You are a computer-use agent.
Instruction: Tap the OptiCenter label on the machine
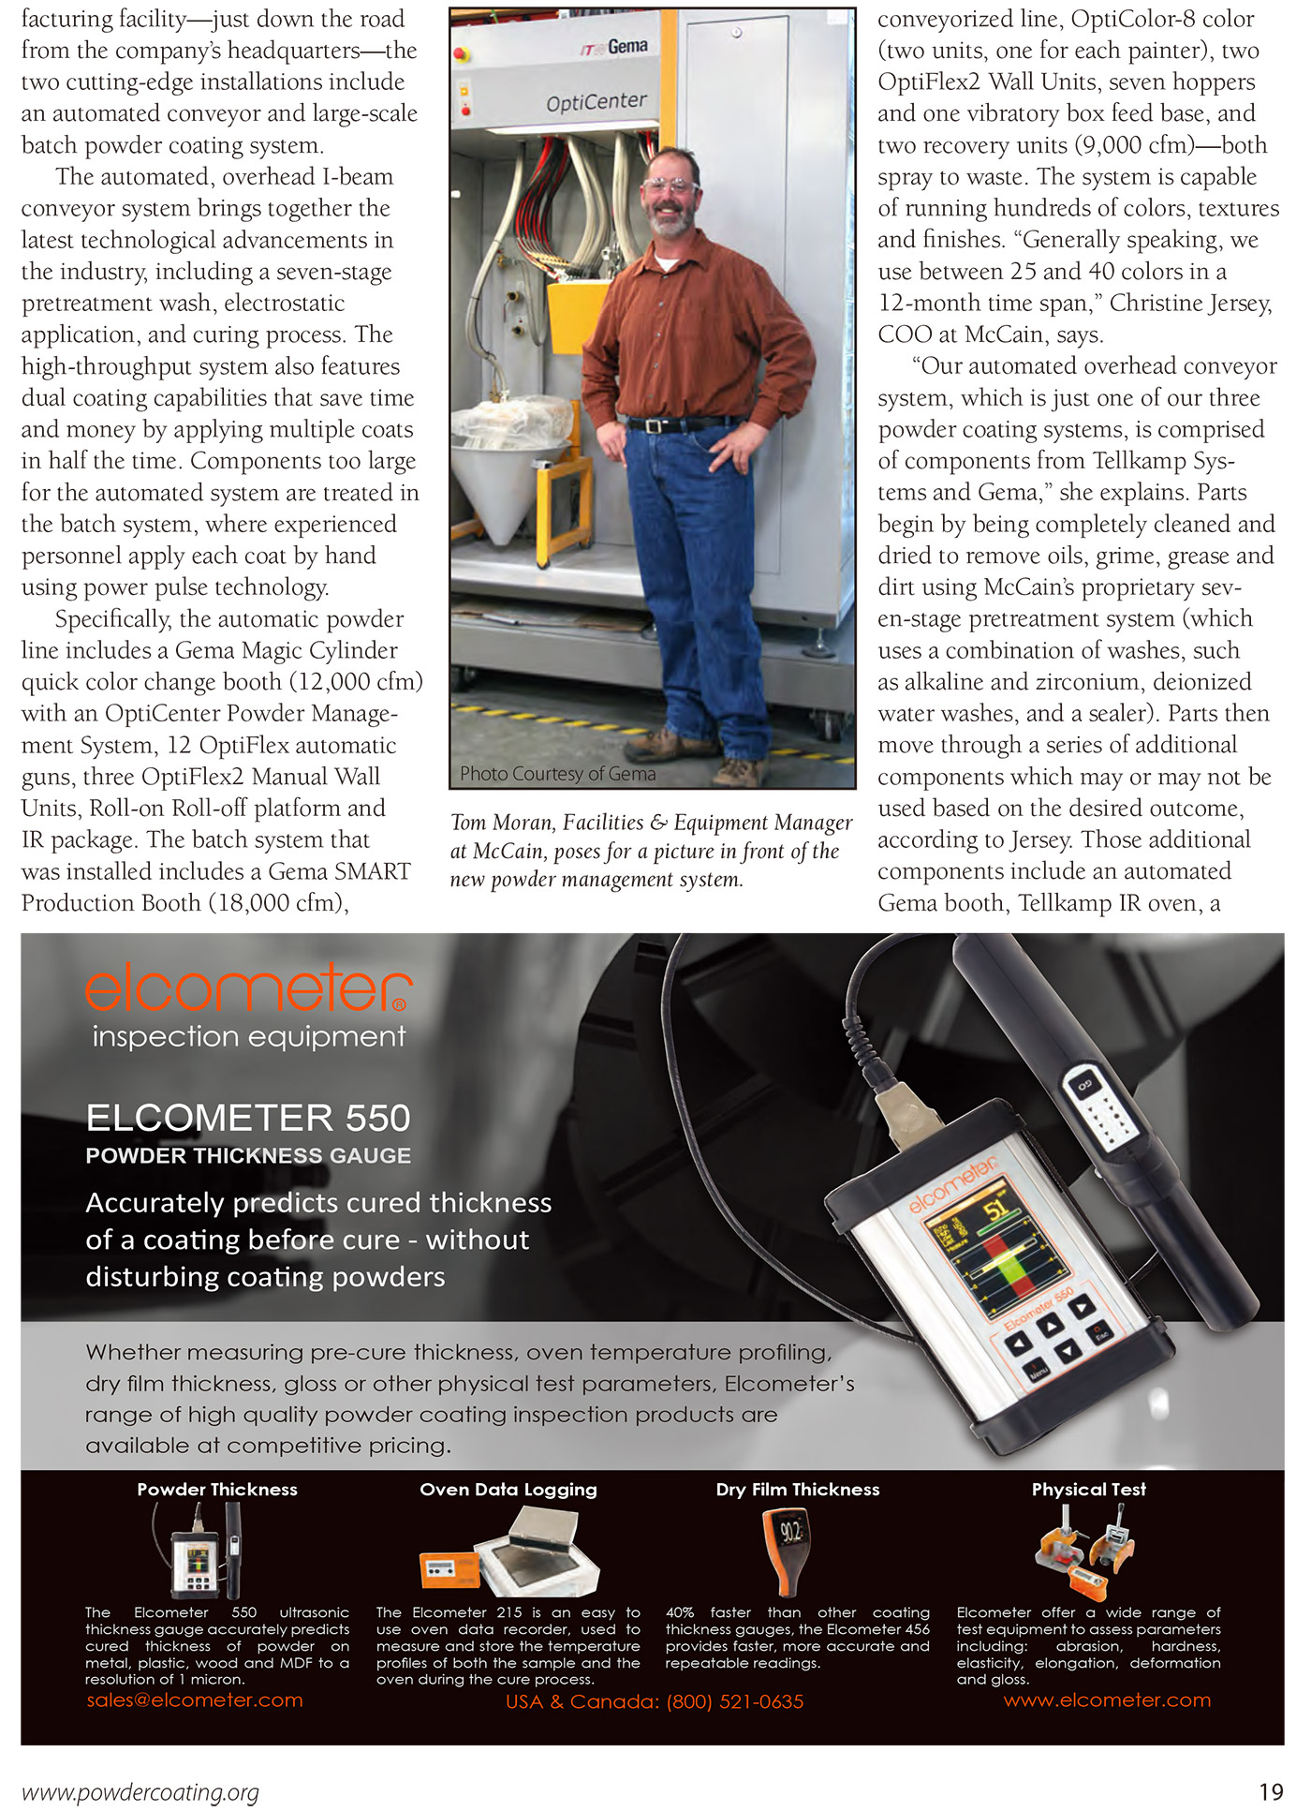pos(597,101)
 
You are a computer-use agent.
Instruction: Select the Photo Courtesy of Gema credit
pos(557,774)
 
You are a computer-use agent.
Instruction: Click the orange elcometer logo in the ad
pos(248,990)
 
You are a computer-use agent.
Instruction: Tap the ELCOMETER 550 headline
pos(248,1118)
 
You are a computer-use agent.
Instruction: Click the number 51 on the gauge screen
pos(996,1208)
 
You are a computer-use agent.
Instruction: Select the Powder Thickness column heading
pos(217,1490)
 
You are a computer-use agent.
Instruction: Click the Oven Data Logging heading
pos(508,1490)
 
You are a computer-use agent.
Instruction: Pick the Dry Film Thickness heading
pos(798,1490)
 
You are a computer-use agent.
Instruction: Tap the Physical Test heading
pos(1088,1490)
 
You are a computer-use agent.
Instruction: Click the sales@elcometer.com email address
pos(195,1700)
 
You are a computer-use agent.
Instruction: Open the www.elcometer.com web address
pos(1107,1700)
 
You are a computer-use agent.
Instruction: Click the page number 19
pos(1271,1792)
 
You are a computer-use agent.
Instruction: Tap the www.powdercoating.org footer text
pos(140,1792)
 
